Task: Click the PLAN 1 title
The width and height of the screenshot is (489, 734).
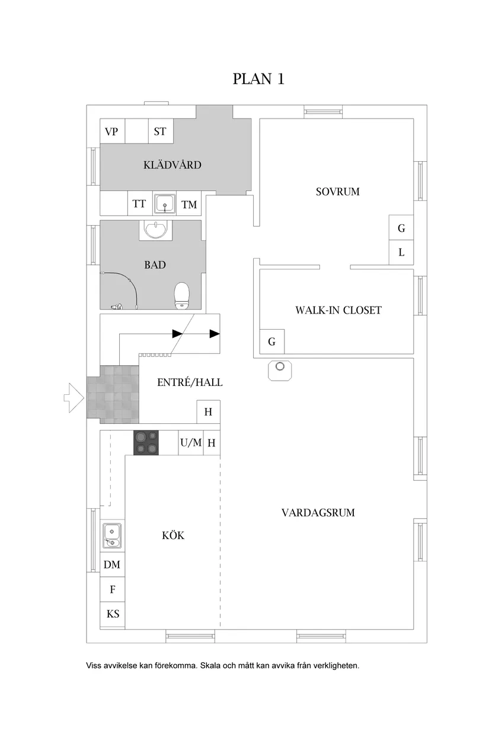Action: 258,79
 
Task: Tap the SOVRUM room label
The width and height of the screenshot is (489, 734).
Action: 337,192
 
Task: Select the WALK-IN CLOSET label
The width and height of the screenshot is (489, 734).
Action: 338,310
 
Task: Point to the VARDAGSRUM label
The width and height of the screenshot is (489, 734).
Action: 318,513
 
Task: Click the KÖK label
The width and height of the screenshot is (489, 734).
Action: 173,535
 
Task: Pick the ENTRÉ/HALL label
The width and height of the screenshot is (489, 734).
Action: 190,382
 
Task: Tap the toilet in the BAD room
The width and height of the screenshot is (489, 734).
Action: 182,296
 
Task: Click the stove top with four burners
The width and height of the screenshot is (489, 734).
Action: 146,443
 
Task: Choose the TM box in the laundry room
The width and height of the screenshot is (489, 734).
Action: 188,203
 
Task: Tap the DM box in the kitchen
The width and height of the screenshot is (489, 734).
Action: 113,564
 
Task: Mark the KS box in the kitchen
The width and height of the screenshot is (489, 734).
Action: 113,614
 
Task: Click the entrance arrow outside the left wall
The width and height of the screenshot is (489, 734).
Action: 73,398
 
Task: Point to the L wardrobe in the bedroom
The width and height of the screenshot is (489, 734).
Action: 401,253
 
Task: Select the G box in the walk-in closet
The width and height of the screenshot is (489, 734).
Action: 272,342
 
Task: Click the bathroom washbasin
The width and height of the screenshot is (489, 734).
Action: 155,230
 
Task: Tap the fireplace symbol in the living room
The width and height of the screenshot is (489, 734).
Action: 280,371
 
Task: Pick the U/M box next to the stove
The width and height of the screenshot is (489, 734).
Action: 191,443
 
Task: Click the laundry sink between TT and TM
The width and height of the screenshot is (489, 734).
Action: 165,203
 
